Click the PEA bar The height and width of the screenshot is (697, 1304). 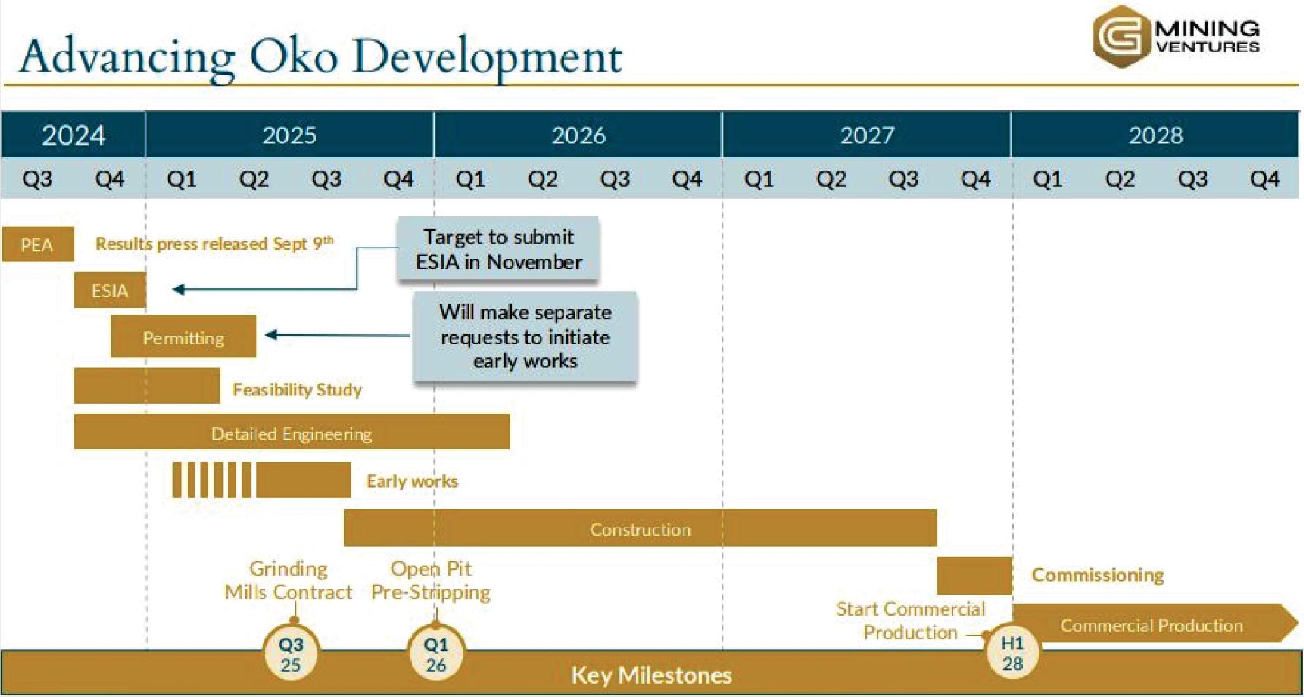(x=37, y=244)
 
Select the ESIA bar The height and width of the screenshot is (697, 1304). (x=110, y=290)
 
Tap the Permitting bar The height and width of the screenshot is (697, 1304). (x=183, y=336)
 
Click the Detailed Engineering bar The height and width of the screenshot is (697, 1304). (x=292, y=432)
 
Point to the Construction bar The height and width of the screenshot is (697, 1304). (x=640, y=528)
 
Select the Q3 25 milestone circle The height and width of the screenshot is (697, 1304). (x=291, y=654)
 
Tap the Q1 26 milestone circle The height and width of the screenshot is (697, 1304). (x=436, y=654)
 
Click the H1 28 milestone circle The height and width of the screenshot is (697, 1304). (x=1013, y=654)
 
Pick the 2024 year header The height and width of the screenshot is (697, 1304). (x=73, y=135)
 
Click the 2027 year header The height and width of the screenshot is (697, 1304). (x=867, y=135)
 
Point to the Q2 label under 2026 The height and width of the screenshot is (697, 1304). (x=543, y=178)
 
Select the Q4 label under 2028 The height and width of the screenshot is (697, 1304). (x=1264, y=178)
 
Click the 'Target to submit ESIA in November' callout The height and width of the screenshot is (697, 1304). (x=498, y=249)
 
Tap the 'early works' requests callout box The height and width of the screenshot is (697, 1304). (x=525, y=336)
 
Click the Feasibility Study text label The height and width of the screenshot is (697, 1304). (x=297, y=389)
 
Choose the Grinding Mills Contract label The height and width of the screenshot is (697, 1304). (x=288, y=580)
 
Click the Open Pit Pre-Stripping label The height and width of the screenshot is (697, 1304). (x=431, y=580)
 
